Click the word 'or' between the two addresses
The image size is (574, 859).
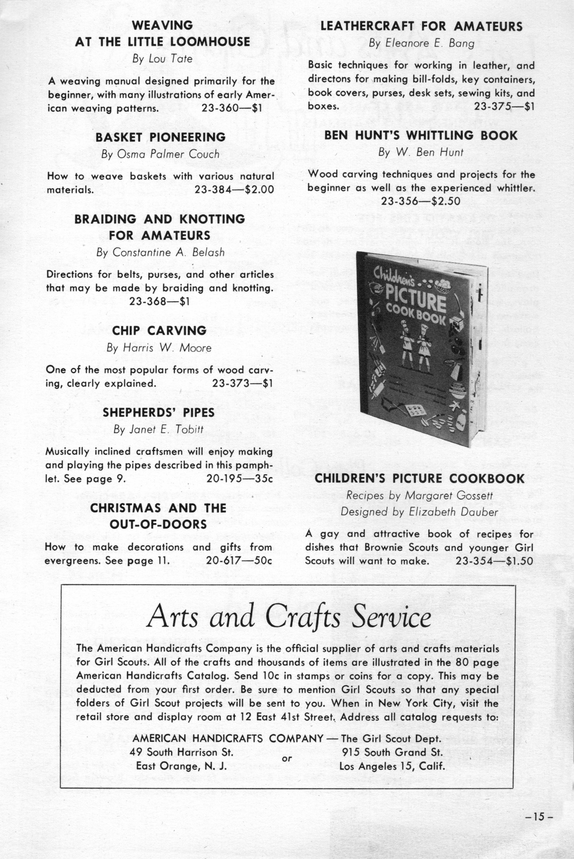click(x=287, y=759)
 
